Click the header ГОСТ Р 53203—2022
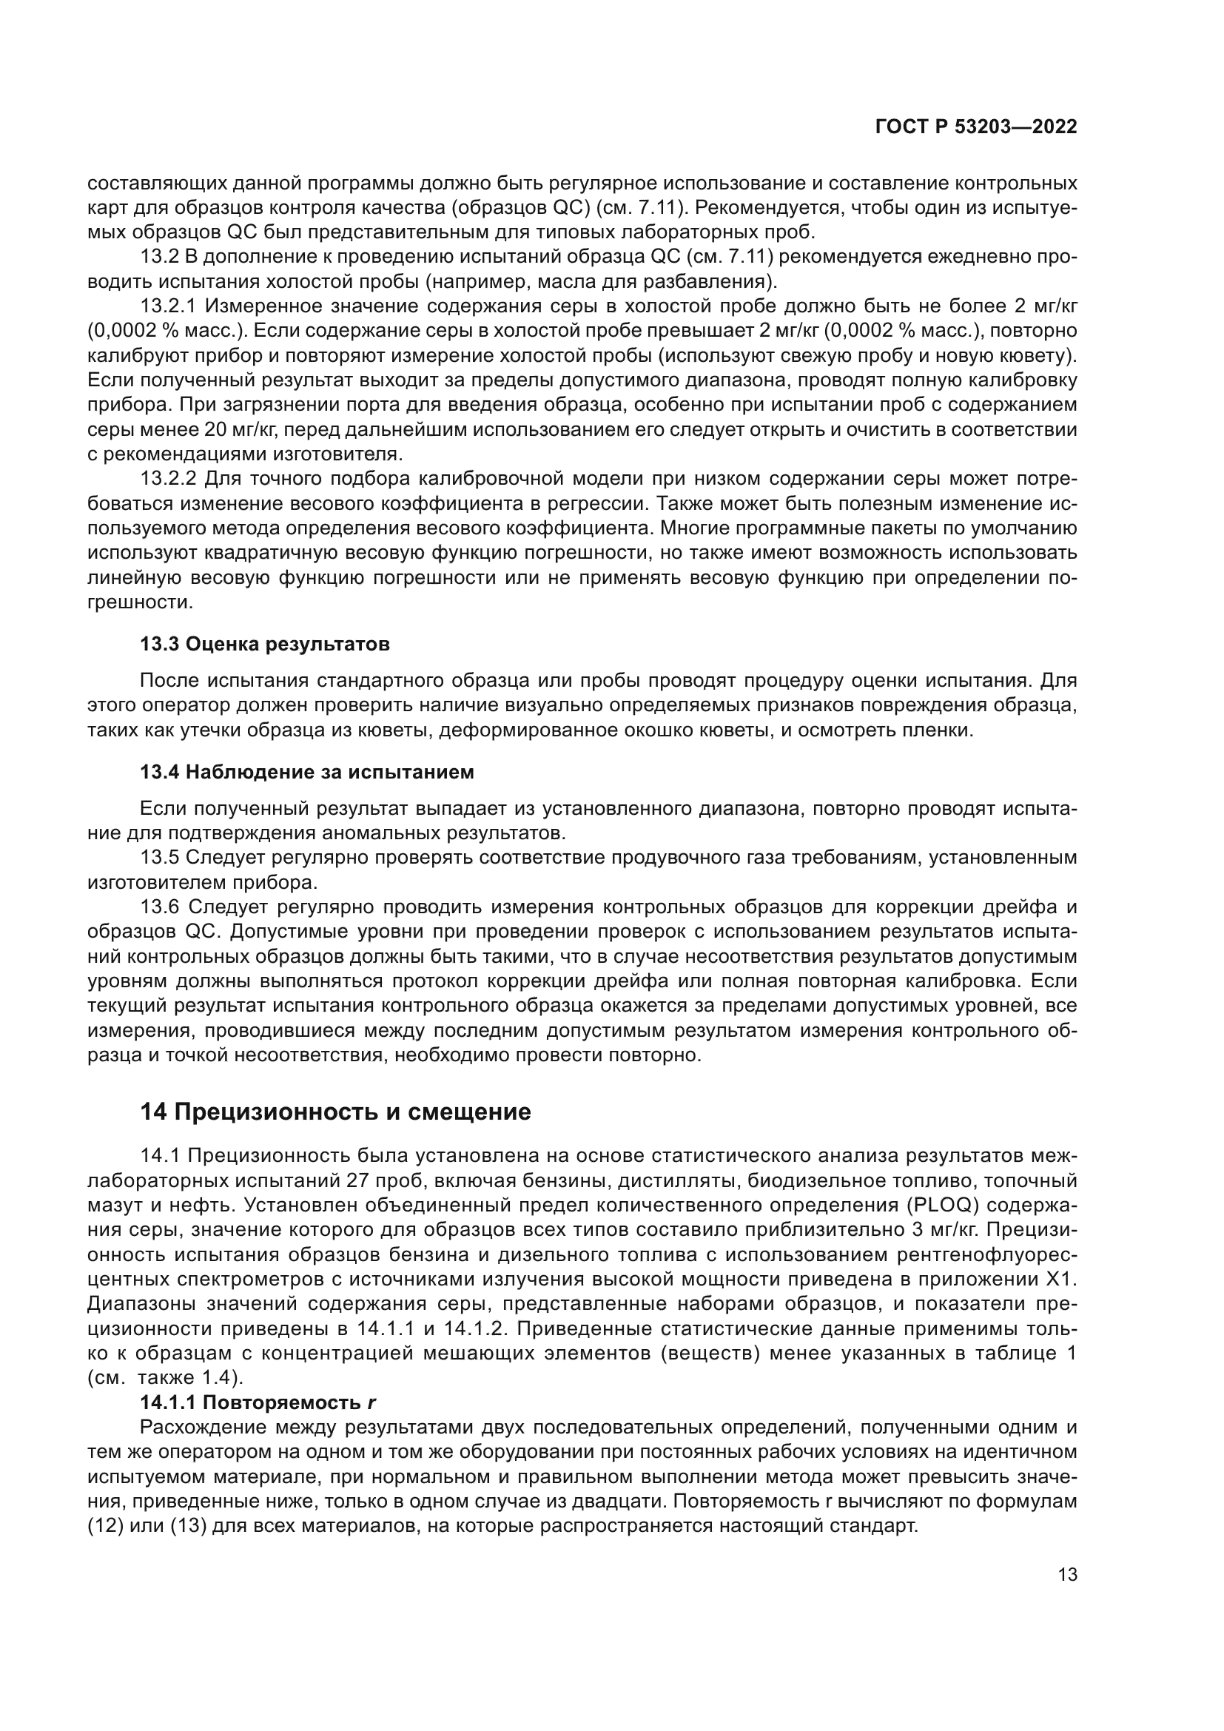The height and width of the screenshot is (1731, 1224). [975, 127]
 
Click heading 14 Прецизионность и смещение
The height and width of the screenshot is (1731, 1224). [335, 1112]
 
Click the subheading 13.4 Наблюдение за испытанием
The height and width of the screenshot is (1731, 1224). [307, 772]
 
